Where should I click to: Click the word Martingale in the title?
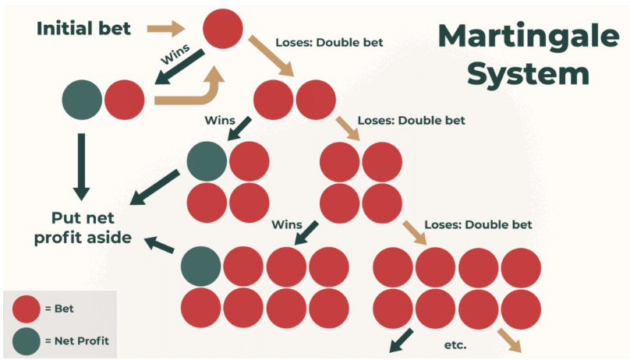(515, 36)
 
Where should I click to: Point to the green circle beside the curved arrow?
(82, 99)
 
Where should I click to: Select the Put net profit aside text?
(81, 227)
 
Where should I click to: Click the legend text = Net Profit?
(76, 341)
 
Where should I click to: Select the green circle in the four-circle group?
(207, 161)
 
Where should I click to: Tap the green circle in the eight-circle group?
(200, 267)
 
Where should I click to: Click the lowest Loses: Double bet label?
(478, 224)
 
